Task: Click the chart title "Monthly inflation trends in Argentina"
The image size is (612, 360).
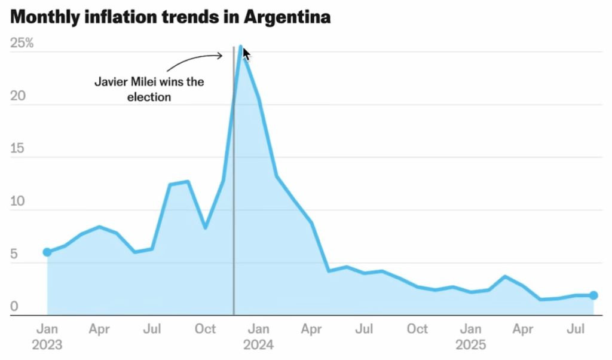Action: coord(170,17)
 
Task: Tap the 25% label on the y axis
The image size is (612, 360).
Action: coord(22,44)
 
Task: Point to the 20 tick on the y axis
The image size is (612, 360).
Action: coord(19,97)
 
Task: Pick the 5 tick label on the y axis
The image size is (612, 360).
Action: coord(14,255)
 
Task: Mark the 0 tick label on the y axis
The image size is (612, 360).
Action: coord(14,307)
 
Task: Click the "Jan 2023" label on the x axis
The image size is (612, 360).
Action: coord(47,337)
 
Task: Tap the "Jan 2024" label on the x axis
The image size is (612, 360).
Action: coord(258,337)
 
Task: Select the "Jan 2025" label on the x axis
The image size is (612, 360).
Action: coord(471,337)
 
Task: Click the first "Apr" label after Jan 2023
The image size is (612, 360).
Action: coord(100,329)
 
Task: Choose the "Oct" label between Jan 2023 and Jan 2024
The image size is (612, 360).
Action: coord(206,329)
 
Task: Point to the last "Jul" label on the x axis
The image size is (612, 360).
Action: coord(576,329)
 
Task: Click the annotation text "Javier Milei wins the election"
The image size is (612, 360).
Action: coord(149,89)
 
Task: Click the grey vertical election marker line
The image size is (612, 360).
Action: coord(234,209)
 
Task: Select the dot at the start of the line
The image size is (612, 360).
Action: coord(47,252)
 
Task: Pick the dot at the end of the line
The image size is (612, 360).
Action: coord(593,295)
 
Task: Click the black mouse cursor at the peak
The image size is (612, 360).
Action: coord(246,54)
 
